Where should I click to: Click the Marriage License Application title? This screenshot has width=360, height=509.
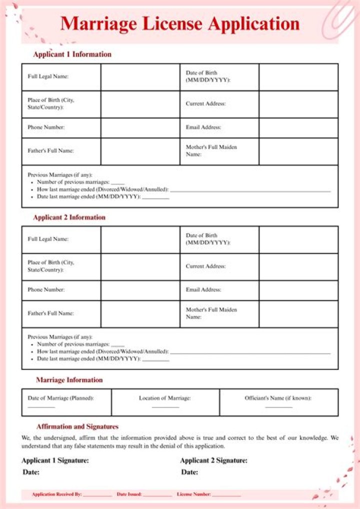click(180, 23)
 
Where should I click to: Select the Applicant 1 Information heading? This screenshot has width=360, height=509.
click(72, 54)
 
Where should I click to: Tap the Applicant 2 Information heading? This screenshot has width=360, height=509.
click(69, 217)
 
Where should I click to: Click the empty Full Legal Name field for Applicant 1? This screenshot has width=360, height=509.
click(140, 77)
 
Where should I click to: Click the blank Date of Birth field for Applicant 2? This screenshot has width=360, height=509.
click(298, 239)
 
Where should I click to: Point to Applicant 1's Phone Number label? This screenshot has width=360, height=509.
click(46, 127)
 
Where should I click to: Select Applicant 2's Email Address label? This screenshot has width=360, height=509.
click(203, 290)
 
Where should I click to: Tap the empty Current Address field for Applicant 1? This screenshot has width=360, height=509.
click(298, 104)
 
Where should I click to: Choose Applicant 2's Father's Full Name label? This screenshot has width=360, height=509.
click(50, 313)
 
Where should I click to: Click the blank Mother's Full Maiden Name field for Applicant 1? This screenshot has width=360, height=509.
click(298, 151)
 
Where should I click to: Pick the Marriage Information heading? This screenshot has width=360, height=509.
click(69, 380)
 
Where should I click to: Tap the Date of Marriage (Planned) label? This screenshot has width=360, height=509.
click(60, 398)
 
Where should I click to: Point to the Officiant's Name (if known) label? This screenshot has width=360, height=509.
click(278, 398)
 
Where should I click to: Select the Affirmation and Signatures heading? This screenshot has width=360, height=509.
click(77, 426)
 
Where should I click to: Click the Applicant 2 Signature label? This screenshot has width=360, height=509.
click(213, 460)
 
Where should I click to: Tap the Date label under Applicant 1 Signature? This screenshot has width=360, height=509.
click(31, 472)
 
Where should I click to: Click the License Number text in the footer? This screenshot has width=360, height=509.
click(193, 494)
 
